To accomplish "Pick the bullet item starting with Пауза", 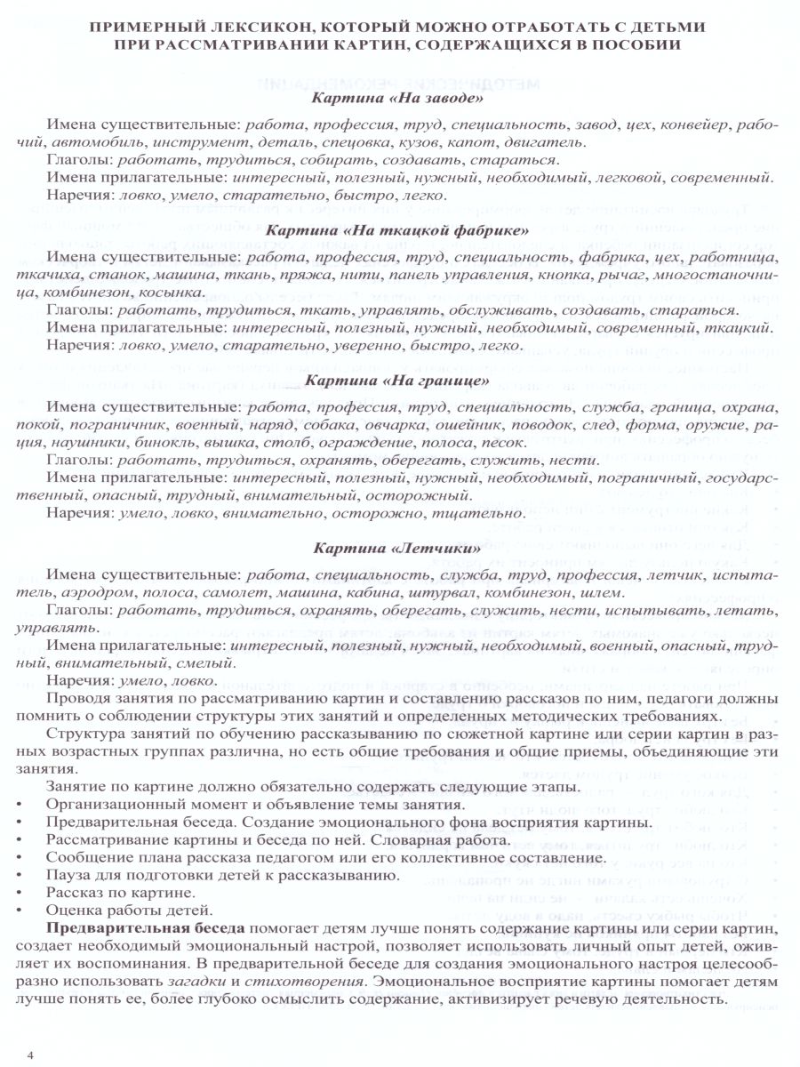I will [222, 876].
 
